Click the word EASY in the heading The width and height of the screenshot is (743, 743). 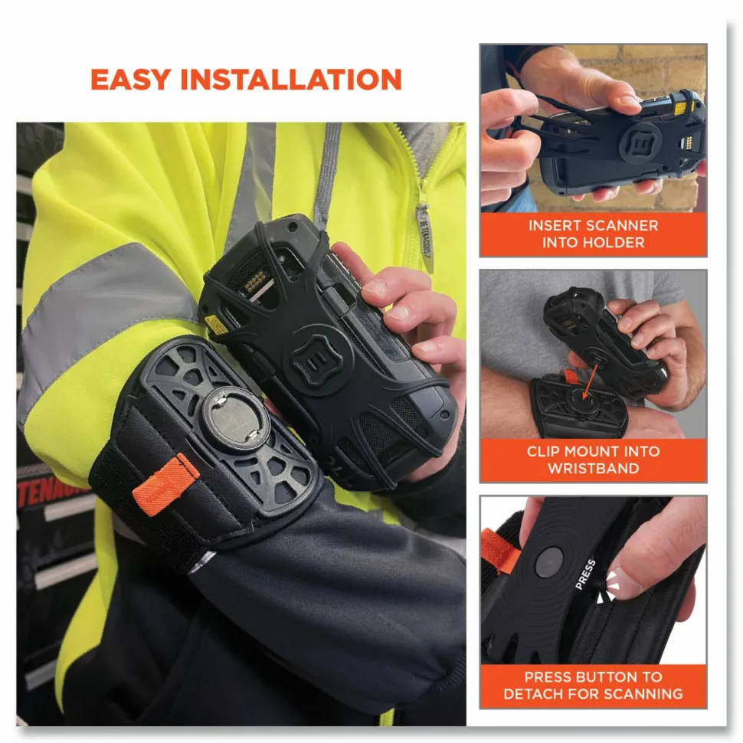(x=130, y=80)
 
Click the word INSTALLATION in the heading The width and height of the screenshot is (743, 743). (x=291, y=80)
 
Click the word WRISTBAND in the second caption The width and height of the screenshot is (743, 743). (x=594, y=468)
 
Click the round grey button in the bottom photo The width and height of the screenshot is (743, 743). (x=548, y=562)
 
